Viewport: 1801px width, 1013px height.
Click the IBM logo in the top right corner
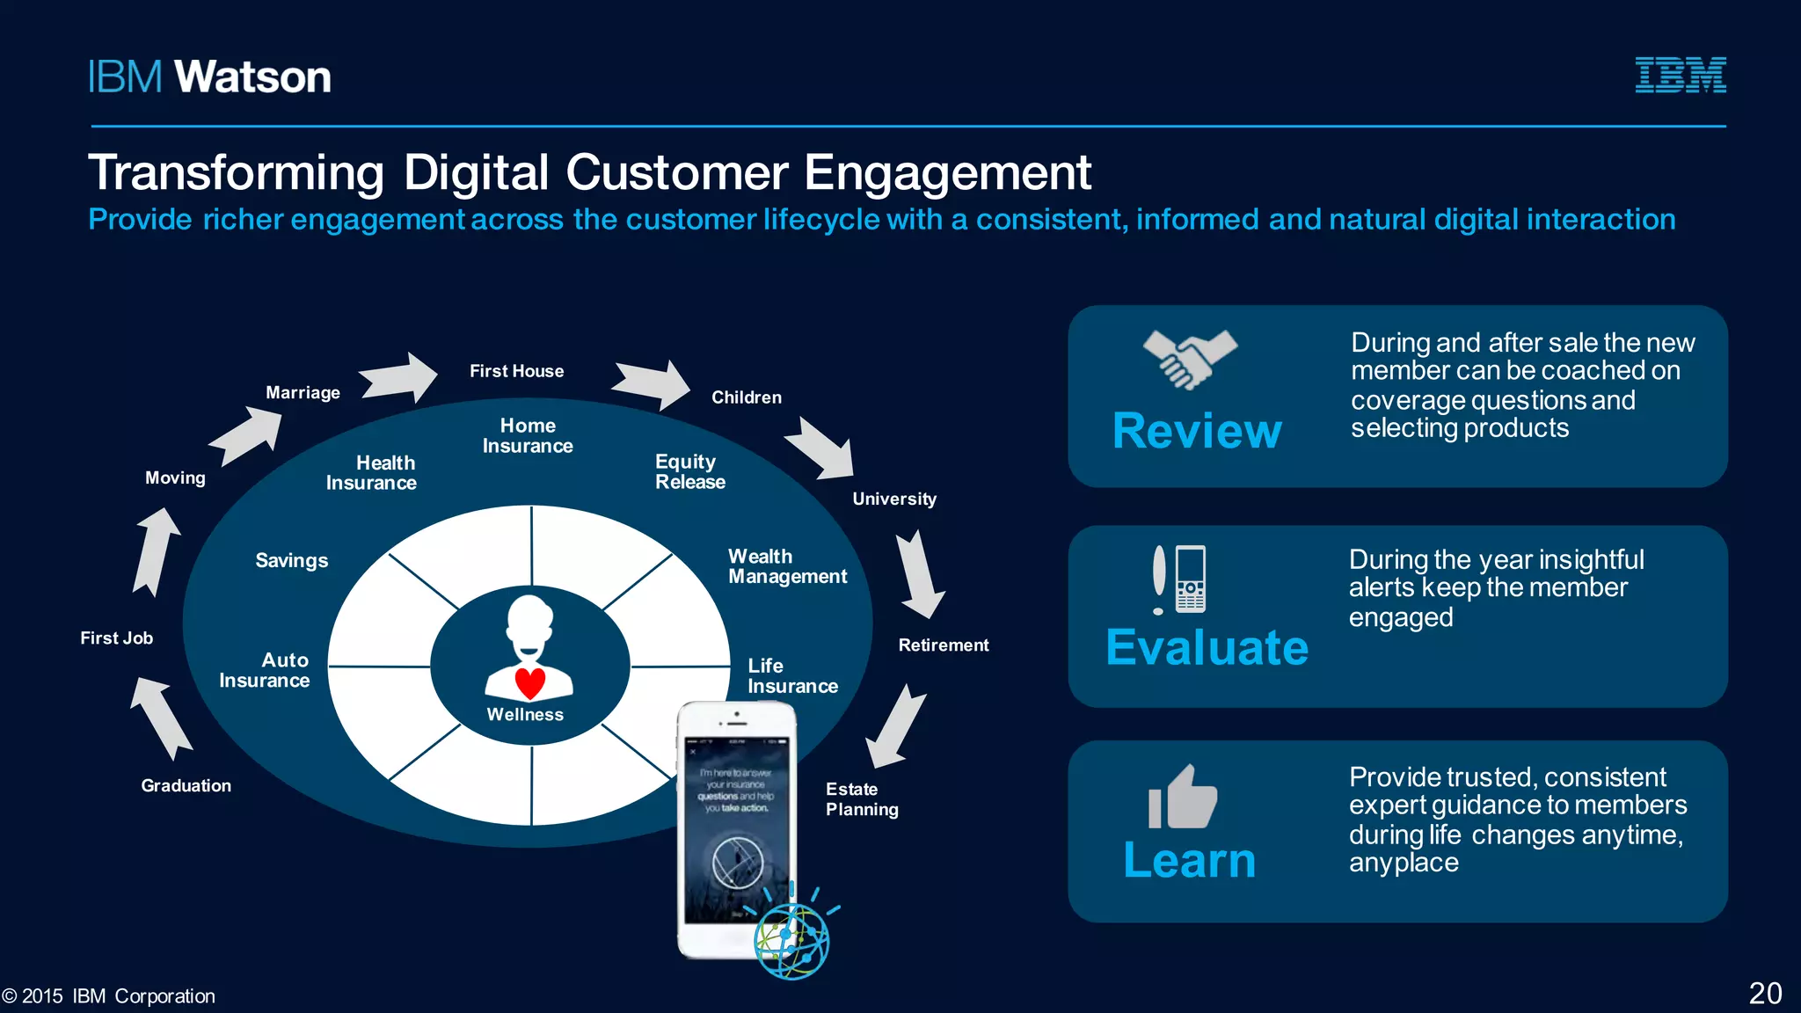pos(1680,75)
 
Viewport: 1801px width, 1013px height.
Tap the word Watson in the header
pos(253,77)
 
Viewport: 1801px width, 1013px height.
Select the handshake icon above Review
pos(1190,359)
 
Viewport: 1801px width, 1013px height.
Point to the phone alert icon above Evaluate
pos(1179,579)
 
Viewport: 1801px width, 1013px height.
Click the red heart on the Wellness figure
pos(530,682)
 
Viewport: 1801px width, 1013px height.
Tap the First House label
pos(516,371)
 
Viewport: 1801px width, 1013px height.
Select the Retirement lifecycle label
pos(943,645)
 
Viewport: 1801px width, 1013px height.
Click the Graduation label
pos(186,786)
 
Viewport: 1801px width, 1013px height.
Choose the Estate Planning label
pos(862,799)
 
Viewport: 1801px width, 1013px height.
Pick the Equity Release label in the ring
pos(690,471)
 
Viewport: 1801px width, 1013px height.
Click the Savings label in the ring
pos(292,561)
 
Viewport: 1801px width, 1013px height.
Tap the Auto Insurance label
pos(265,670)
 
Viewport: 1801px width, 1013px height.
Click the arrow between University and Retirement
pos(918,574)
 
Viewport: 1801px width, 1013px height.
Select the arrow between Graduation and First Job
pos(160,717)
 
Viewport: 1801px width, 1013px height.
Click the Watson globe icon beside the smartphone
pos(791,941)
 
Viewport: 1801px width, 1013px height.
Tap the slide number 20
pos(1765,993)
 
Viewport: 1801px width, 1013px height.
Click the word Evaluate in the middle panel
pos(1207,648)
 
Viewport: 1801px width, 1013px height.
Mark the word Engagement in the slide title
pos(947,172)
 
